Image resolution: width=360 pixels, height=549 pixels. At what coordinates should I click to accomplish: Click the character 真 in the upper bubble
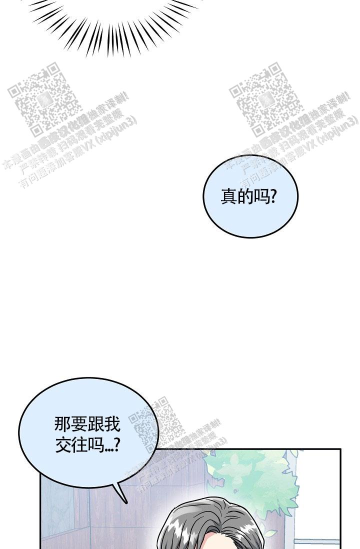(228, 196)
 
